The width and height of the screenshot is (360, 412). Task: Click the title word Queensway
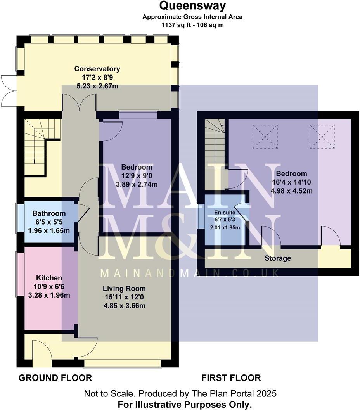coord(192,6)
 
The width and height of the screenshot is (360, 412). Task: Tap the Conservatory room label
coord(97,69)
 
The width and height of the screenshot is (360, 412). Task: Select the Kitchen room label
coord(49,278)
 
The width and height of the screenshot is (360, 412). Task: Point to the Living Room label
coord(124,289)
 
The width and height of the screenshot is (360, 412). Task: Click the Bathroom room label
coord(49,213)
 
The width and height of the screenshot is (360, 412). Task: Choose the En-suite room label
coord(225,213)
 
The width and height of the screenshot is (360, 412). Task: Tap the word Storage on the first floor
coord(278,258)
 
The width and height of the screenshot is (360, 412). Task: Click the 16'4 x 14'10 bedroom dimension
coord(291,182)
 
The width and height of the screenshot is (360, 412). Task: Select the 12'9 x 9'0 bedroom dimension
coord(137,176)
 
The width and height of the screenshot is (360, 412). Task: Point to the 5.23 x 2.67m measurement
coord(97,86)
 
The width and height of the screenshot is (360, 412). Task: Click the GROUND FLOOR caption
coord(55,378)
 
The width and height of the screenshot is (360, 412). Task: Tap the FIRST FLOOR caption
coord(231,378)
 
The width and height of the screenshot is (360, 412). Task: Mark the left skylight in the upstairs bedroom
coord(265,137)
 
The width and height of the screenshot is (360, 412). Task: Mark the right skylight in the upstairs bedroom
coord(322,137)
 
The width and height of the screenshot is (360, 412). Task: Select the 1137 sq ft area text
coord(173,25)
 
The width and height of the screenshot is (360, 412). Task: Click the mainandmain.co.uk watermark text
coord(189,273)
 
